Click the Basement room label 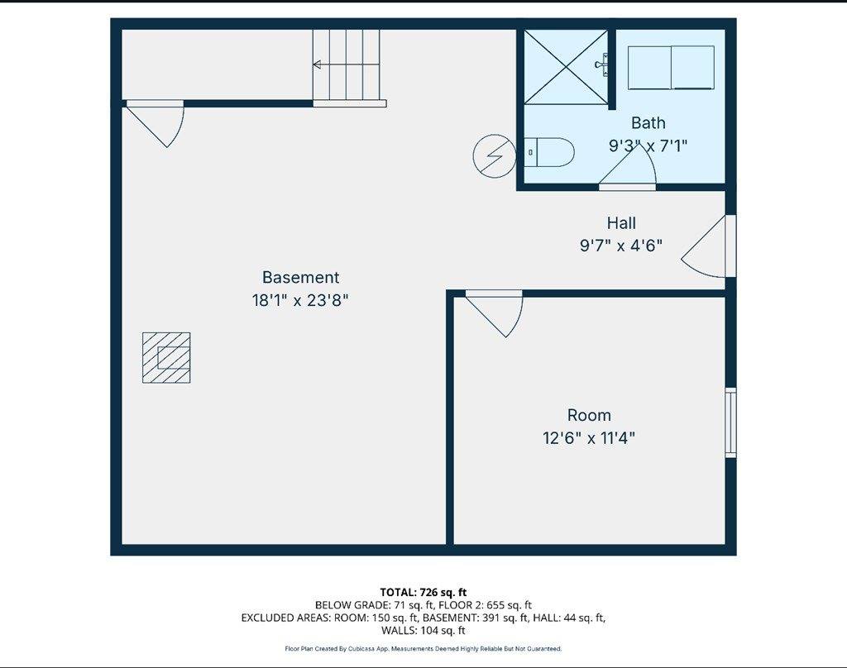[x=300, y=278]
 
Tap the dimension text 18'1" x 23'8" [x=300, y=301]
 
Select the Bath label [x=648, y=123]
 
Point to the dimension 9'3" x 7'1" [x=648, y=146]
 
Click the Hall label [x=621, y=222]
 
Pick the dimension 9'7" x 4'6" [x=621, y=246]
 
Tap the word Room [x=589, y=415]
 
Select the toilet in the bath [x=552, y=152]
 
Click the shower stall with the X [x=566, y=67]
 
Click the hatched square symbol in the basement [x=166, y=357]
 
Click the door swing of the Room [x=499, y=313]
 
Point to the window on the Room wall [x=730, y=422]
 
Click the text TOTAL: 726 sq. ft [x=423, y=592]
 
